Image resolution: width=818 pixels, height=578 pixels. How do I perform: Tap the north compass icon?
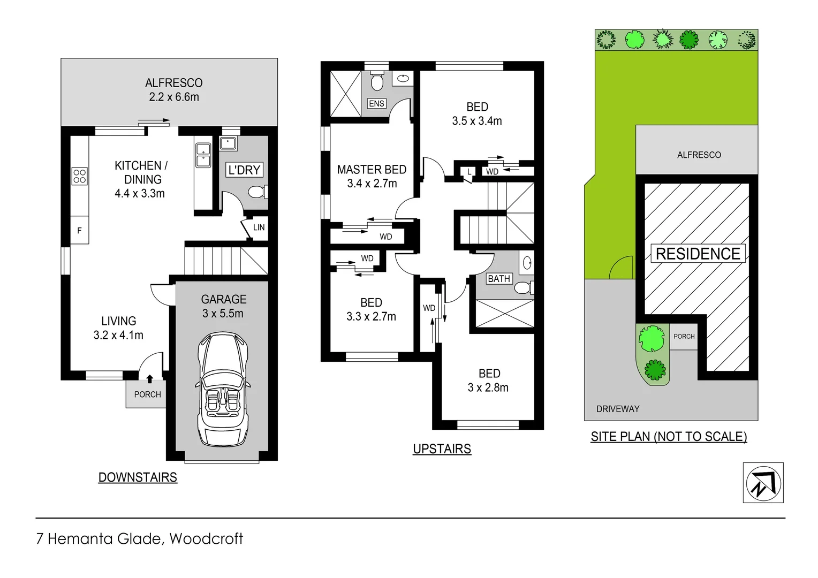(x=763, y=483)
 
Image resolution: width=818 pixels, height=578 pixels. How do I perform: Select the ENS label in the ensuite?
(x=376, y=103)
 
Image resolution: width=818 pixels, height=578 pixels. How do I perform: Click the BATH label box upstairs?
(x=498, y=279)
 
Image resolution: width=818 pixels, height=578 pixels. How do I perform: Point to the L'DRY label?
(x=244, y=170)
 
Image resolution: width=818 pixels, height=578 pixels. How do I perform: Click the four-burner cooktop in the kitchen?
(x=80, y=176)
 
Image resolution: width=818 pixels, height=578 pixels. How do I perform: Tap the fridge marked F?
(x=80, y=231)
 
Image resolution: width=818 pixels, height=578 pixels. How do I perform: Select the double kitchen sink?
(x=203, y=154)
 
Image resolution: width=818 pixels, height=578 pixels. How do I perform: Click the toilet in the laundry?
(x=258, y=192)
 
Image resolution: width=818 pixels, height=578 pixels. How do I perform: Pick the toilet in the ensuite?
(x=377, y=82)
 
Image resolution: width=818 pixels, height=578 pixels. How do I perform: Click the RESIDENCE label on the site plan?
(x=698, y=254)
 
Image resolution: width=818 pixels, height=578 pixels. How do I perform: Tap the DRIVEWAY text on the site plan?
(x=618, y=409)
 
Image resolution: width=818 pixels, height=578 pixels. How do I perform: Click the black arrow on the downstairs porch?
(x=149, y=379)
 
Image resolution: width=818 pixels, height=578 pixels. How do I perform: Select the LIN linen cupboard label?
(x=259, y=227)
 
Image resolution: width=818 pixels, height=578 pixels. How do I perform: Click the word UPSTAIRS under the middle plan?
(x=442, y=449)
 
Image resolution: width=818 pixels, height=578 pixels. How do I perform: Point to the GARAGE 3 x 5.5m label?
(x=223, y=307)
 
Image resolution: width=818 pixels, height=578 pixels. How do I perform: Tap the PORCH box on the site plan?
(x=684, y=337)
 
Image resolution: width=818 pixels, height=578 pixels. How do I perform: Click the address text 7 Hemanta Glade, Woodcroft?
(x=140, y=538)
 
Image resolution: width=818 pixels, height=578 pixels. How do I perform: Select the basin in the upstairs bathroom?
(x=527, y=263)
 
